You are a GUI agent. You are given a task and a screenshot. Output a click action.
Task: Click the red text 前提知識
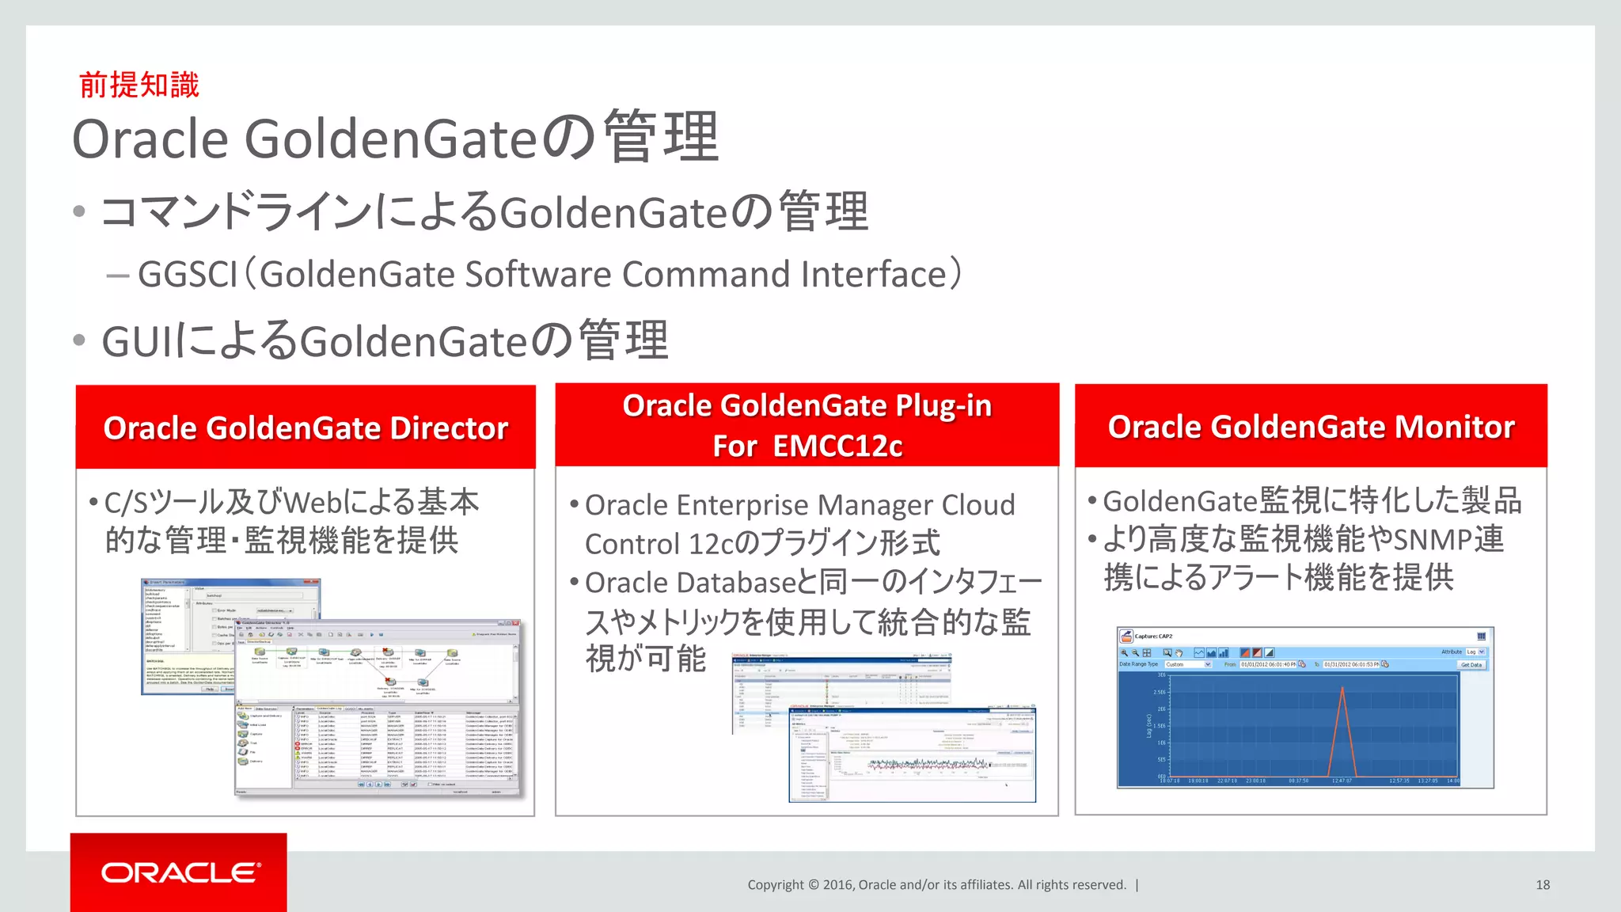(139, 85)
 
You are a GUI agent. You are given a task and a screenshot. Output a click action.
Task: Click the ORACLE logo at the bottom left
(180, 872)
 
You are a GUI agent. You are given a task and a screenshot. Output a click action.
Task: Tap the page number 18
(1542, 884)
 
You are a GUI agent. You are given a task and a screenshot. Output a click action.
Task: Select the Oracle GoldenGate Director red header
(306, 427)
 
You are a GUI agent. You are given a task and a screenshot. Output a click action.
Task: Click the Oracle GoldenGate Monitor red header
(1310, 427)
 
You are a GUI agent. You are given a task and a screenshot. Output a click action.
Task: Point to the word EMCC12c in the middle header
(837, 446)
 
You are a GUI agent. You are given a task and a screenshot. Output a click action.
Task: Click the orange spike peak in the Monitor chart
(1342, 689)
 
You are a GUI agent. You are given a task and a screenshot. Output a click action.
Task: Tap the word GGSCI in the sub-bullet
(188, 275)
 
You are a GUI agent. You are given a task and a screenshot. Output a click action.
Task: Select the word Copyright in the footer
(775, 884)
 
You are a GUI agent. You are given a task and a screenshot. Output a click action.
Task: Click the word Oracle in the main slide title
(150, 139)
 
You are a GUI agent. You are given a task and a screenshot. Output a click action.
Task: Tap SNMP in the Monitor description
(1432, 540)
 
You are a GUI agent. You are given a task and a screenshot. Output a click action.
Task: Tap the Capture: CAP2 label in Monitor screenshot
(1153, 636)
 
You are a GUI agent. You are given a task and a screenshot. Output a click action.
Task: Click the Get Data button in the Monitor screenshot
(1471, 664)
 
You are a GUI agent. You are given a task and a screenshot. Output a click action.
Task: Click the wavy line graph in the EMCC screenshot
(926, 764)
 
